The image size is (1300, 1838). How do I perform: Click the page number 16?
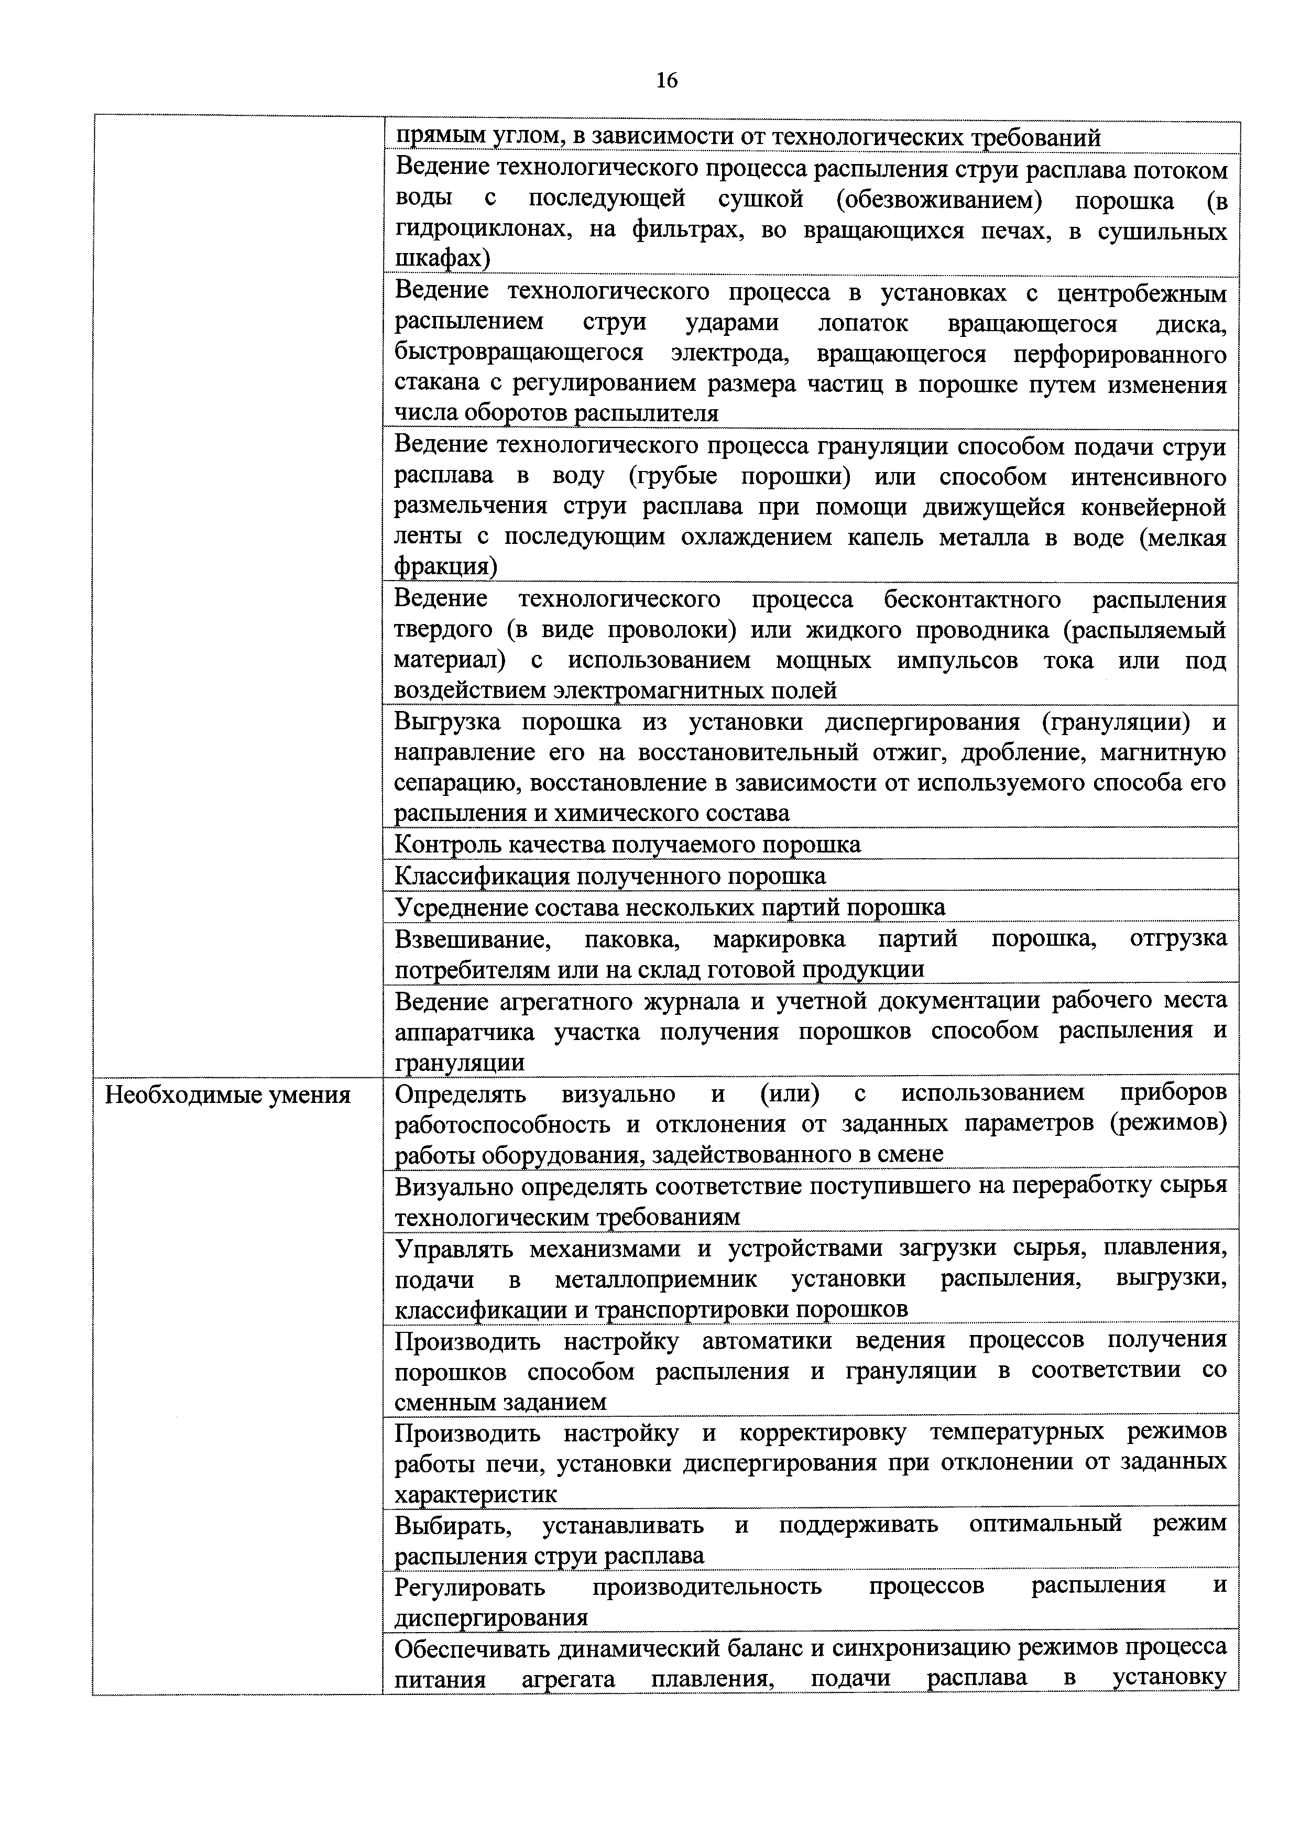pyautogui.click(x=666, y=80)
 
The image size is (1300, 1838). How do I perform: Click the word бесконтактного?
pyautogui.click(x=973, y=599)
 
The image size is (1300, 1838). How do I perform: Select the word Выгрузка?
pyautogui.click(x=447, y=722)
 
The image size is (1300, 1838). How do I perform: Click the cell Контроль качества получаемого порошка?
pyautogui.click(x=628, y=845)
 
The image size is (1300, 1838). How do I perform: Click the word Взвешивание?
pyautogui.click(x=472, y=938)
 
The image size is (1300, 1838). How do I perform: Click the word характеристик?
pyautogui.click(x=475, y=1495)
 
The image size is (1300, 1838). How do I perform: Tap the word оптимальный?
pyautogui.click(x=1045, y=1524)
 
